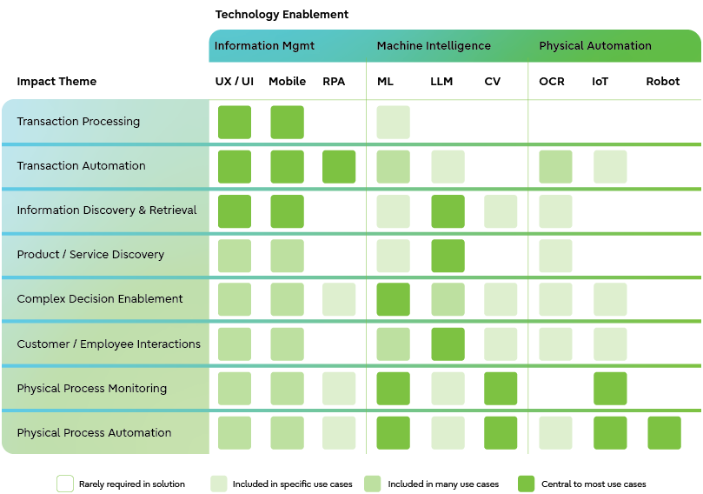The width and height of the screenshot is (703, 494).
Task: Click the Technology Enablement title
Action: (282, 15)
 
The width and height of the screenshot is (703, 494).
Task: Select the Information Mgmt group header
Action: (264, 46)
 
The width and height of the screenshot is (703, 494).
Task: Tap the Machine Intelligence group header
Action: (434, 46)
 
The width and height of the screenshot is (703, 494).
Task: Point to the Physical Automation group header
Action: (594, 46)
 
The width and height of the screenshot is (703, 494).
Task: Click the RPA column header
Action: (334, 82)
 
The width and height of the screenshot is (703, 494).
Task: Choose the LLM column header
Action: (441, 82)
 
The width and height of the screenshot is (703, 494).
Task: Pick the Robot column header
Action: (663, 82)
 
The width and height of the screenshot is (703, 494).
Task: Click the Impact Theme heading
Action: (56, 82)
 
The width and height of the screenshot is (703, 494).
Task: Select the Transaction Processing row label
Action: (78, 122)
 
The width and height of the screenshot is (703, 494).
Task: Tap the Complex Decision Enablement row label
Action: (100, 299)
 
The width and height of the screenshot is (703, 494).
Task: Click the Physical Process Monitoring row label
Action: (91, 389)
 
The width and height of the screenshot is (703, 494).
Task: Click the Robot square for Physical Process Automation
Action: (664, 433)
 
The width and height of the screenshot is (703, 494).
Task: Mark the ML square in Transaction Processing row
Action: (393, 123)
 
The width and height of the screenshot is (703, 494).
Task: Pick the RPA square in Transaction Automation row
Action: (339, 167)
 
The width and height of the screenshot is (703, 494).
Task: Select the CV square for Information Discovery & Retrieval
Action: (501, 211)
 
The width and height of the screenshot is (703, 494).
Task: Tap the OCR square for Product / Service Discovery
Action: (555, 256)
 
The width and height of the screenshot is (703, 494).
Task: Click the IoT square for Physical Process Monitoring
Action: (610, 389)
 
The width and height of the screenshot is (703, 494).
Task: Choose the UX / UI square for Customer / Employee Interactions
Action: (235, 344)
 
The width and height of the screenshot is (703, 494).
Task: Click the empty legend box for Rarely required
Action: (65, 484)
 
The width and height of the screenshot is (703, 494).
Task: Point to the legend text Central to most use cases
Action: (594, 484)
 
